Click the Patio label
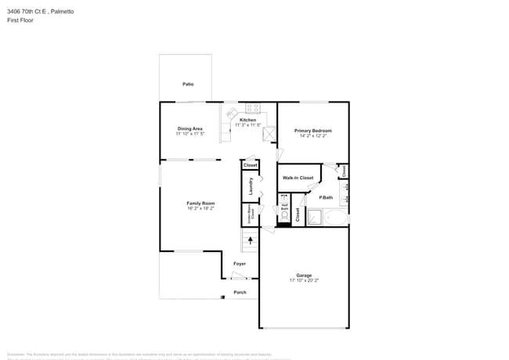coord(188,84)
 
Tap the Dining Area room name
coord(190,128)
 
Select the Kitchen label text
coord(247,120)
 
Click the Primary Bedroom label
coord(312,131)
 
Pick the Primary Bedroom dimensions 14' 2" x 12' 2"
coord(312,136)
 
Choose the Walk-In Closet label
coord(298,178)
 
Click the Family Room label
coord(200,203)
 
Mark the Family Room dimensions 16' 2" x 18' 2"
coord(200,209)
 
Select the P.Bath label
coord(326,197)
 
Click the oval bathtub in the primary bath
coord(335,218)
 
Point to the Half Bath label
coord(285,208)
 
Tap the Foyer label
coord(240,264)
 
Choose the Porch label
coord(240,293)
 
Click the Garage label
coord(304,275)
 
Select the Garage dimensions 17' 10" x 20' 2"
coord(304,280)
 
